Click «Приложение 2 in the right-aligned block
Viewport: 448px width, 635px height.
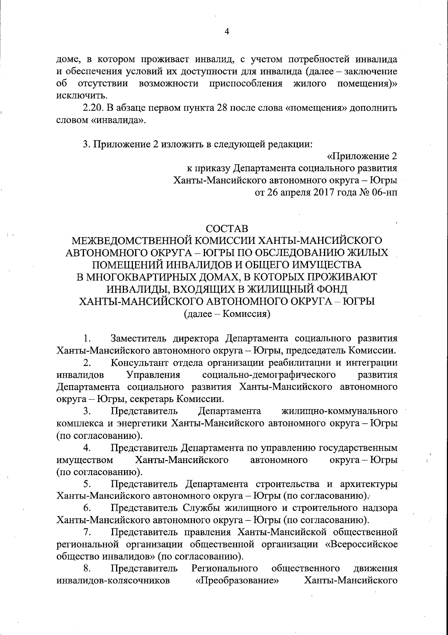362,156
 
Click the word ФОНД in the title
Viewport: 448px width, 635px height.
329,289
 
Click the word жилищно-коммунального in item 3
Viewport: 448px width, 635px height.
339,411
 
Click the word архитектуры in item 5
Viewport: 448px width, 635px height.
368,484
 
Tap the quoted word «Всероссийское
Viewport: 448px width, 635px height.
361,544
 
